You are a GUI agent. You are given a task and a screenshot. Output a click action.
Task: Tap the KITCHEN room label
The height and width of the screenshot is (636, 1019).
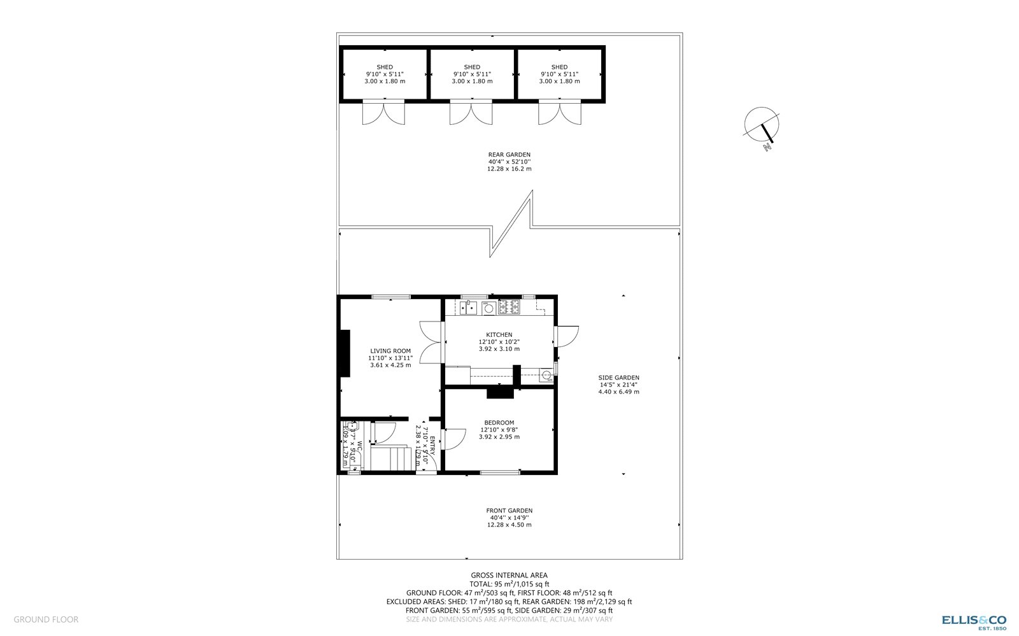point(499,335)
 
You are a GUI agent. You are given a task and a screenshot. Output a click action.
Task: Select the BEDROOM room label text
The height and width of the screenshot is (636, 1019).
point(499,423)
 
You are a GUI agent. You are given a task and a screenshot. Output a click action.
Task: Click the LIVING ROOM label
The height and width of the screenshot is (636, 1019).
point(390,351)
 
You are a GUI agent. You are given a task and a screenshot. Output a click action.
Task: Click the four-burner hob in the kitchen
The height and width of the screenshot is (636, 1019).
point(509,308)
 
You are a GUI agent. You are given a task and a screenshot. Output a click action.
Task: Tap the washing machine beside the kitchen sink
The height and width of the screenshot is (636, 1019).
point(488,309)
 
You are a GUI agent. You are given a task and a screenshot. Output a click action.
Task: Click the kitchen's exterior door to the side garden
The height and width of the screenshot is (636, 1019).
point(566,336)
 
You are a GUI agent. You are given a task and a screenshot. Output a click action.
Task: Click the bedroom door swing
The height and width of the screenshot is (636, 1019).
point(454,439)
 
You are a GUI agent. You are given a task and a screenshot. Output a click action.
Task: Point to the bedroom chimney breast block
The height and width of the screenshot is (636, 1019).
point(500,393)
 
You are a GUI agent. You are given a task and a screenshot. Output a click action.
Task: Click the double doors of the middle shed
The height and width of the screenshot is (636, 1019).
point(471,113)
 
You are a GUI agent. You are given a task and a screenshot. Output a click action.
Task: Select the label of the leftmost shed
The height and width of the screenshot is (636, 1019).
point(385,67)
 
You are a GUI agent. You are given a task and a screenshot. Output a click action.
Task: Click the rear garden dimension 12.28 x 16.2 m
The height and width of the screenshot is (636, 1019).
point(509,169)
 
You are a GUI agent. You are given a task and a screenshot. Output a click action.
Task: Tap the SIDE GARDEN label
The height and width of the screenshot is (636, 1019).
point(618,378)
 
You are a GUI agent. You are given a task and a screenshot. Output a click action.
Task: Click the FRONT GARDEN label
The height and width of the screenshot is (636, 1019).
point(509,511)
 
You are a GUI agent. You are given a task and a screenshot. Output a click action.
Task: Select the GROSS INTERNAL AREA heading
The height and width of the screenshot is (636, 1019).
point(509,576)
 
